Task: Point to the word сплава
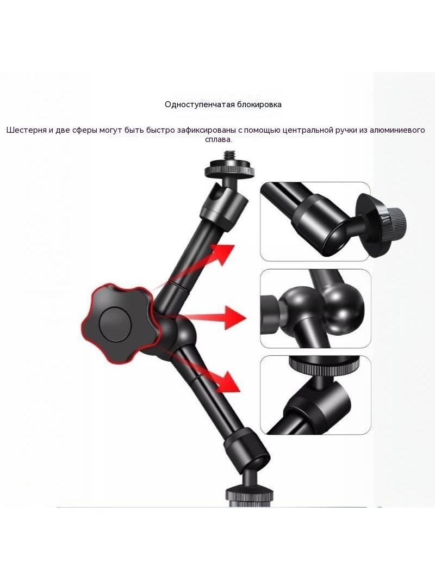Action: tap(219, 140)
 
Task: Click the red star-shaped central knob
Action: tap(120, 323)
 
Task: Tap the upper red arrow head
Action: tap(225, 254)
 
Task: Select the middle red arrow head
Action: tap(234, 318)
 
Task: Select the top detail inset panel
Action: tap(315, 221)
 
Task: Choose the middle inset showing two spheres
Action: tap(315, 308)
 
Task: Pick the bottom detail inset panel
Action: tap(315, 395)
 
